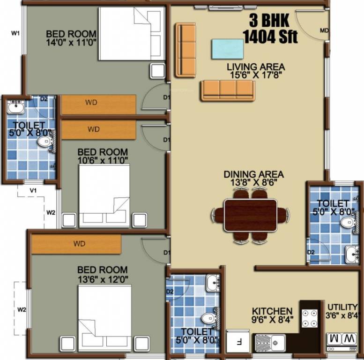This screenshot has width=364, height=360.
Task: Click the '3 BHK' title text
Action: pos(269,21)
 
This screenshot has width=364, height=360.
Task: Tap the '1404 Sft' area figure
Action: pos(270,37)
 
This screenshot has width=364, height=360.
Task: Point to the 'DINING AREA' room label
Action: pos(253,174)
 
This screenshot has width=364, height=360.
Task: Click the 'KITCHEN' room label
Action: pos(272,311)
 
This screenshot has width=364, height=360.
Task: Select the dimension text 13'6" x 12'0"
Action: pos(102,278)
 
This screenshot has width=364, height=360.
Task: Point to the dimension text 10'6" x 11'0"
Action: pos(103,160)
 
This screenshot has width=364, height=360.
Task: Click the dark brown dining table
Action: pos(251,215)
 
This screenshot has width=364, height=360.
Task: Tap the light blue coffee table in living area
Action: pos(227,49)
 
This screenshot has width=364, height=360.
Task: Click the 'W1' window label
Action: pos(15,33)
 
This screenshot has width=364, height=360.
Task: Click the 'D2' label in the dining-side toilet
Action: pos(311,252)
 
